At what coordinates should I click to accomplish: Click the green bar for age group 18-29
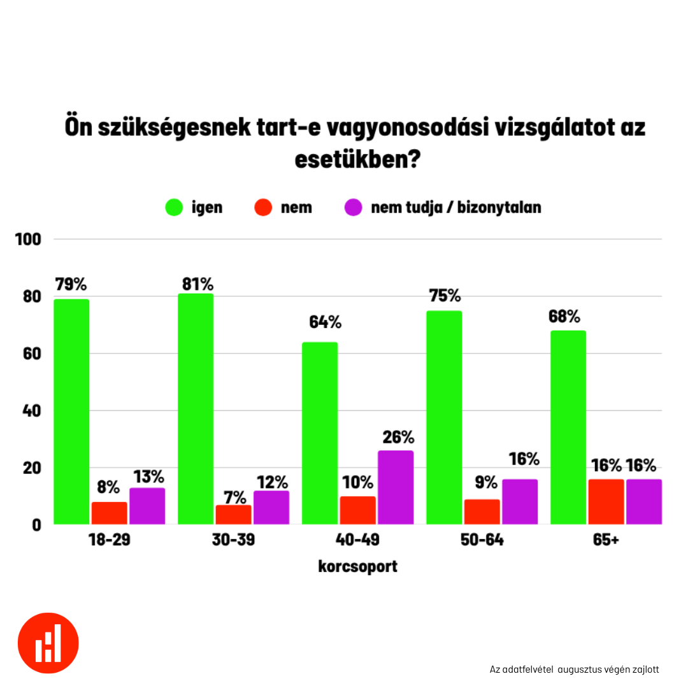click(x=71, y=412)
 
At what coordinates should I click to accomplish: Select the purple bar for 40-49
click(x=396, y=487)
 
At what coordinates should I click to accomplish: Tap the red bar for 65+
click(x=606, y=501)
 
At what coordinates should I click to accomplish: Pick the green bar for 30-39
click(x=196, y=408)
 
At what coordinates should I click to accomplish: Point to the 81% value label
click(x=196, y=283)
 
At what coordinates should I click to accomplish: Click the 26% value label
click(x=398, y=438)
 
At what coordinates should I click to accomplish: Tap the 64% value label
click(x=325, y=322)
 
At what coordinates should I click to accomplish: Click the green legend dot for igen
click(x=174, y=208)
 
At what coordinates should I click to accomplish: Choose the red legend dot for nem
click(x=262, y=208)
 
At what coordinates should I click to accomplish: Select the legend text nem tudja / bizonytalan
click(x=455, y=208)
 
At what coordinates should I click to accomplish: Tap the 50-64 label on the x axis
click(x=482, y=540)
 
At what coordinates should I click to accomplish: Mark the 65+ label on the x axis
click(x=606, y=540)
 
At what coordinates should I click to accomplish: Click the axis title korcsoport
click(x=357, y=566)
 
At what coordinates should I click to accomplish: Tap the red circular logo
click(x=48, y=643)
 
